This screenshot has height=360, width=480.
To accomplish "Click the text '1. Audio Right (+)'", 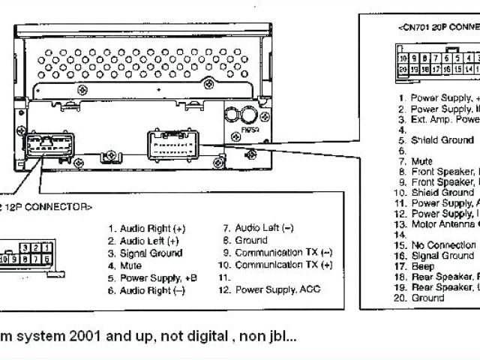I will click(x=146, y=228).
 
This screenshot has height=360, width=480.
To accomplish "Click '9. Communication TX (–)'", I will click(x=277, y=253).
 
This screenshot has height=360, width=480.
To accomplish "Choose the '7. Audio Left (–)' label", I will click(x=258, y=228).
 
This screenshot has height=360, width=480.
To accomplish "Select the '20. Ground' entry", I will click(x=427, y=298).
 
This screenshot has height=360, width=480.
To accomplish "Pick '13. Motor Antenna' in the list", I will click(x=439, y=224).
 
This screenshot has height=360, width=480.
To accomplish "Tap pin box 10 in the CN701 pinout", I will click(x=403, y=58).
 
